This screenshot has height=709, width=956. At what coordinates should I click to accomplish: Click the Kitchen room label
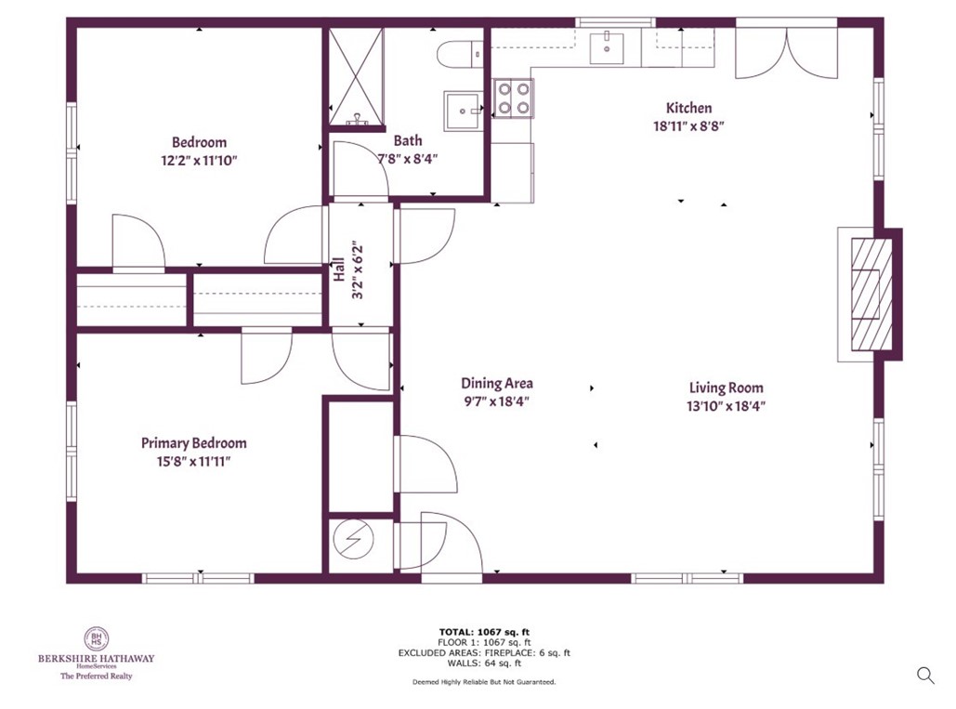[x=688, y=108]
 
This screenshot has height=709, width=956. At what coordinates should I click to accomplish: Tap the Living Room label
[x=726, y=387]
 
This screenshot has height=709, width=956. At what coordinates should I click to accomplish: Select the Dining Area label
[x=497, y=383]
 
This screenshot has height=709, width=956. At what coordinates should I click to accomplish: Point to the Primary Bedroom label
[x=193, y=443]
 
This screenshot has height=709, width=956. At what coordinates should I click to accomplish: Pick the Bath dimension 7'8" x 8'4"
[x=407, y=158]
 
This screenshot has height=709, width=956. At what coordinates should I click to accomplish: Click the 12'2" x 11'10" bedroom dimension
[x=199, y=160]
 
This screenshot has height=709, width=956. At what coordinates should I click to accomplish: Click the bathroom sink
[x=462, y=111]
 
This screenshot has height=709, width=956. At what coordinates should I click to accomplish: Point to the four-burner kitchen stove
[x=513, y=98]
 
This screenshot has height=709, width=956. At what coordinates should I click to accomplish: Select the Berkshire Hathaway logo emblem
[x=96, y=638]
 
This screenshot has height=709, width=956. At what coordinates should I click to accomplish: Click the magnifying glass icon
[x=925, y=676]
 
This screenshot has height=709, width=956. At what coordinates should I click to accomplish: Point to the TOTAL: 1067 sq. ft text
[x=484, y=632]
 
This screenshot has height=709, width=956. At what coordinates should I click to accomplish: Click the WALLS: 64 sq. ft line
[x=484, y=663]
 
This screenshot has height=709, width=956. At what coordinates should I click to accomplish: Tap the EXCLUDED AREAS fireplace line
[x=484, y=652]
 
